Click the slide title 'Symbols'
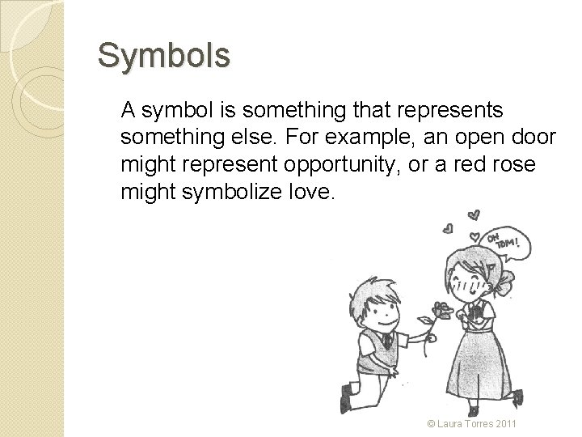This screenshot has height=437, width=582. click(164, 56)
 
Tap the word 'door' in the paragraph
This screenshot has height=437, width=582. click(534, 137)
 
